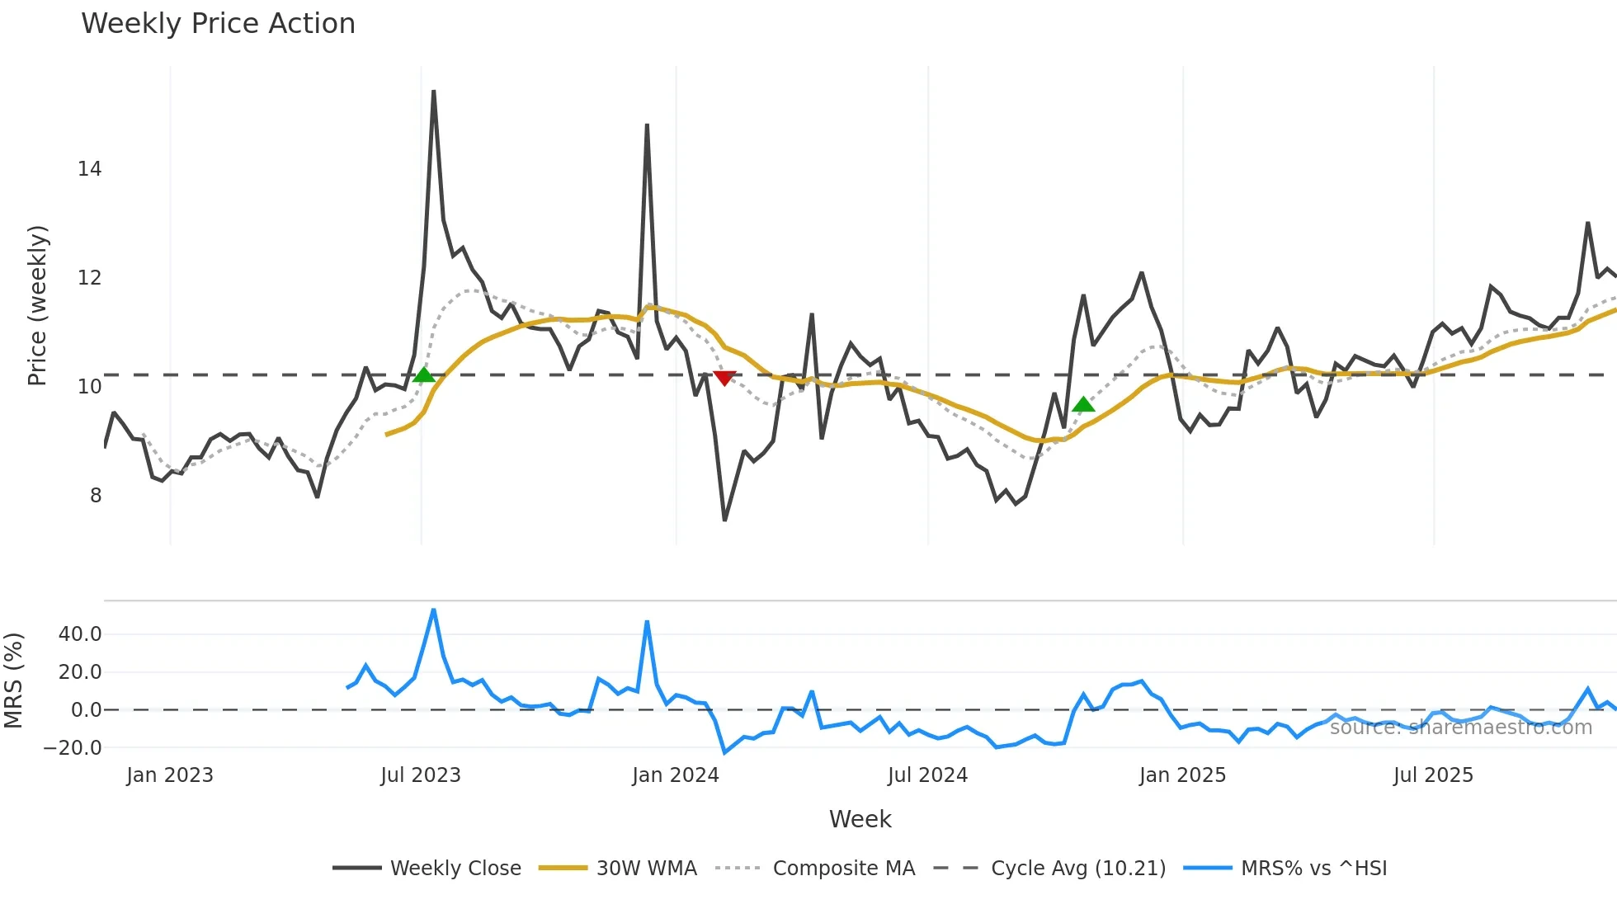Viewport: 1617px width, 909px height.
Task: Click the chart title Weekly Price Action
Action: click(x=218, y=24)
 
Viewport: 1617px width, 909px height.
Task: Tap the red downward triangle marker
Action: click(x=724, y=378)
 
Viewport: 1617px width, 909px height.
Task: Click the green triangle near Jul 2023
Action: click(x=424, y=375)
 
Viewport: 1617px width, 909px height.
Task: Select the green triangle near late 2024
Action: click(x=1083, y=404)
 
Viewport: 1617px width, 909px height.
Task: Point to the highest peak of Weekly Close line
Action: click(x=433, y=92)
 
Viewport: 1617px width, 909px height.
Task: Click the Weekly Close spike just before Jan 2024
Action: click(x=647, y=125)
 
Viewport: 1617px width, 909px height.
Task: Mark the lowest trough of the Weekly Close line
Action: click(x=724, y=520)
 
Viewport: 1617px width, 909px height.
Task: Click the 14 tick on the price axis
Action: click(x=89, y=169)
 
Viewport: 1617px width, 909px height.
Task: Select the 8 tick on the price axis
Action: click(x=96, y=496)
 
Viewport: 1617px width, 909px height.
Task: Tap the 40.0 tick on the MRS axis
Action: click(x=80, y=634)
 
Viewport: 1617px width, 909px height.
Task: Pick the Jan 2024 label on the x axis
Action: click(x=676, y=775)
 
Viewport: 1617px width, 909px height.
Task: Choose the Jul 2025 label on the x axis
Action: click(x=1433, y=775)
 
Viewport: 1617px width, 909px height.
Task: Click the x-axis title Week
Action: click(x=860, y=819)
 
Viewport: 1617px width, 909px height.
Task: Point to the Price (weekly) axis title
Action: click(x=37, y=305)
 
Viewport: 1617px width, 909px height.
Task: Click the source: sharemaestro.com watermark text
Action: click(x=1460, y=728)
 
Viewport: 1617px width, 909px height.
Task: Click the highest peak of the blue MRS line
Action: click(x=434, y=610)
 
